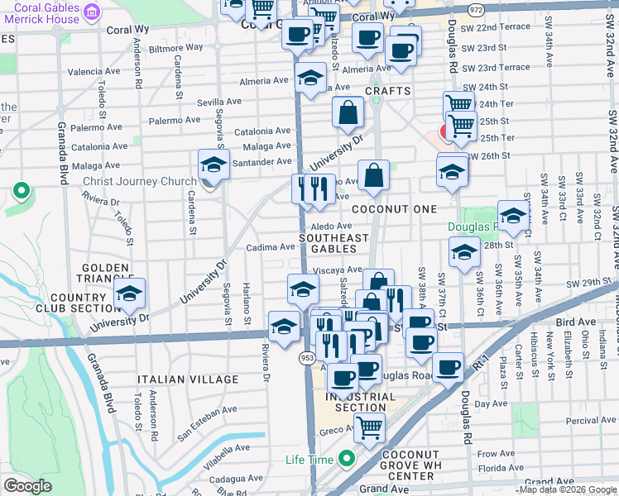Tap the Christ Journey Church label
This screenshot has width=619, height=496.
tap(139, 181)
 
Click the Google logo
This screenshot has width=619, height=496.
tap(27, 486)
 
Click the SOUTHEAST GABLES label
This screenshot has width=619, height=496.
tap(333, 244)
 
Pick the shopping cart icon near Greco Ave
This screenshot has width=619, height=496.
tap(369, 427)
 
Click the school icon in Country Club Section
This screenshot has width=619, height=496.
tap(129, 294)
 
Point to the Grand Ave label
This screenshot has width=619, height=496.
tap(385, 489)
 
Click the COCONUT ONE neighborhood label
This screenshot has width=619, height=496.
tap(394, 209)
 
